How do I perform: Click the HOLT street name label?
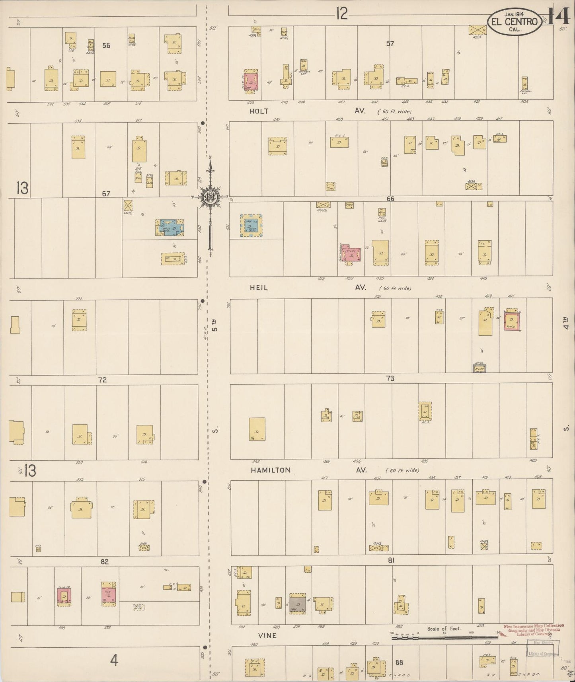point(259,111)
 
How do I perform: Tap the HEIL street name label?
point(259,288)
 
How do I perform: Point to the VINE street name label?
point(267,635)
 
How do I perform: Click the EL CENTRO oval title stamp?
point(515,21)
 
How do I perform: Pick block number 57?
point(390,43)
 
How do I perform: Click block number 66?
point(390,199)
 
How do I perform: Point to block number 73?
point(390,378)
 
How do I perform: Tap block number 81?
point(391,560)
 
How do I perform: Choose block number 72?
point(103,380)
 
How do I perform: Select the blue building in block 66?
point(251,226)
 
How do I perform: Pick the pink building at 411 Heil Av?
point(512,321)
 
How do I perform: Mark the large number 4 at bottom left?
point(114,661)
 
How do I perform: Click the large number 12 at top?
point(341,14)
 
